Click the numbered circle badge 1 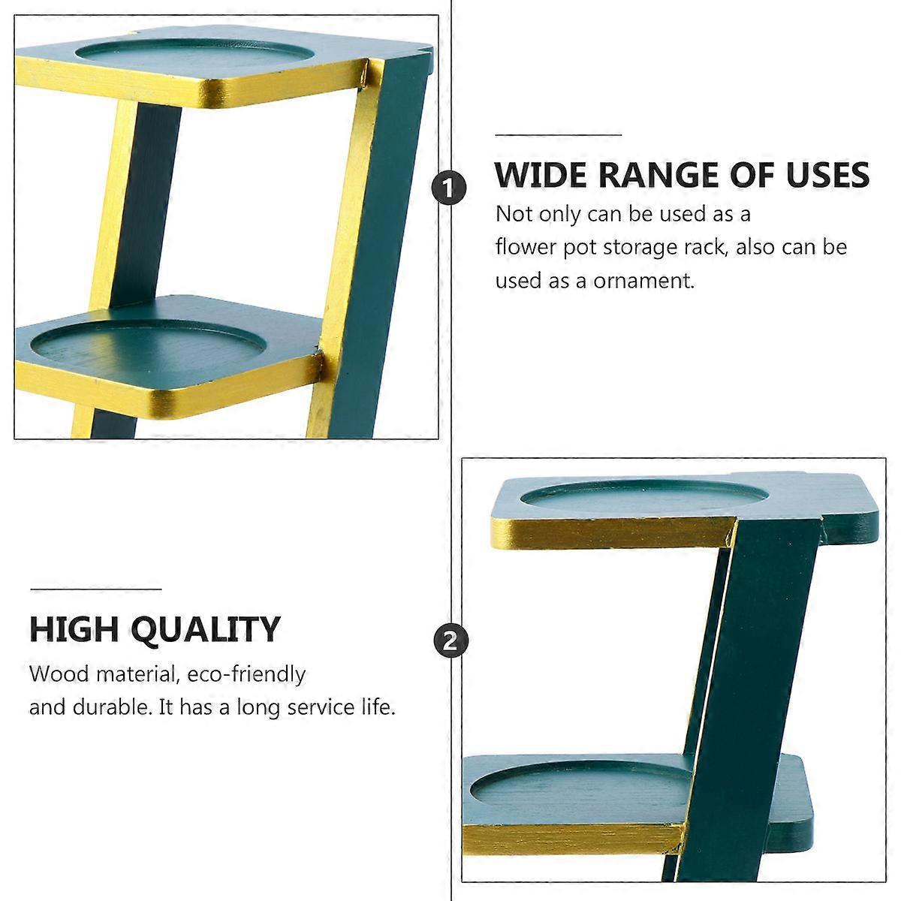448,188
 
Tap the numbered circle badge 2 450,641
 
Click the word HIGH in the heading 75,629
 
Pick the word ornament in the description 643,281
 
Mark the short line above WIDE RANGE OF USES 559,135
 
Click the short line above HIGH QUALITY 96,589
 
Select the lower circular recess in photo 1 148,348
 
